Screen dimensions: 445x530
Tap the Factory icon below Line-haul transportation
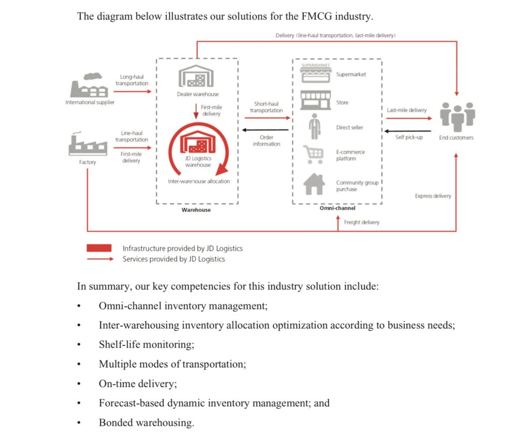[x=87, y=145]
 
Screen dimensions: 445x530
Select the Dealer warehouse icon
[x=196, y=78]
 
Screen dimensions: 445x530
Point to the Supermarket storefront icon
[x=316, y=74]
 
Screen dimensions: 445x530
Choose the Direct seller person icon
[x=315, y=127]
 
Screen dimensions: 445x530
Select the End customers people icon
[x=457, y=117]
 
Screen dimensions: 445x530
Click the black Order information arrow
[x=266, y=131]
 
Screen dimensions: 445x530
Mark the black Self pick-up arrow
[x=407, y=131]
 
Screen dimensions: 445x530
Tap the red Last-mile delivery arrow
[x=407, y=118]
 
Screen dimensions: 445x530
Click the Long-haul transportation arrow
[x=132, y=92]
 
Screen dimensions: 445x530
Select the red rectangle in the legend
[x=99, y=248]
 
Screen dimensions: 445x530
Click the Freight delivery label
[x=361, y=222]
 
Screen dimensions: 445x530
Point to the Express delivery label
[x=433, y=196]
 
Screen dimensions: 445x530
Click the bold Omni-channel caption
[x=337, y=208]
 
